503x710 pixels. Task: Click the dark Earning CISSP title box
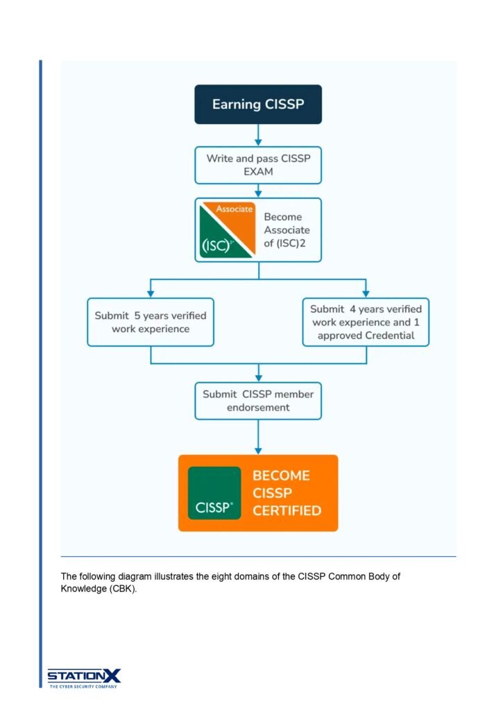[257, 105]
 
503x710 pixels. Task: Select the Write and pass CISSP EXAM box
[257, 165]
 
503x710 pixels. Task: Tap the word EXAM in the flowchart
[258, 172]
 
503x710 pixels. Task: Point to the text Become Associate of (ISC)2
[287, 230]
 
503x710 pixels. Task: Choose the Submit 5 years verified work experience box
[150, 322]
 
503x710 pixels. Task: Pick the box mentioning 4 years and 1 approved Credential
[366, 322]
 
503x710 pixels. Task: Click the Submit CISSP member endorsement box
[257, 401]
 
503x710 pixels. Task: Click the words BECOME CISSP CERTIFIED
[287, 493]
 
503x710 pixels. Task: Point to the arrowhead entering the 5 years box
[151, 293]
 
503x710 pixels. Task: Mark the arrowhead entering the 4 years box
[366, 293]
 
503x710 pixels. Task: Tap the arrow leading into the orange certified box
[258, 444]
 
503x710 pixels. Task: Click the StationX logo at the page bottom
[84, 677]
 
